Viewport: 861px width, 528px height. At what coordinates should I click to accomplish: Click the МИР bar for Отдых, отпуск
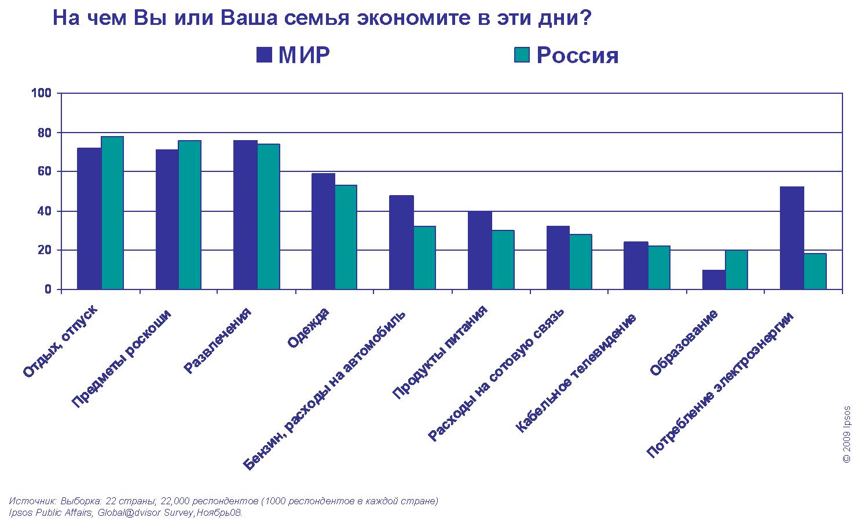click(89, 218)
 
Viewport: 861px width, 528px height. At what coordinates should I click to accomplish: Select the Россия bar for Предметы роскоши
click(190, 215)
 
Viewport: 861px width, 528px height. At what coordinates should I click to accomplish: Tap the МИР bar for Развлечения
click(245, 215)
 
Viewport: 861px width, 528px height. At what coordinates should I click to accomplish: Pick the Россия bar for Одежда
click(346, 237)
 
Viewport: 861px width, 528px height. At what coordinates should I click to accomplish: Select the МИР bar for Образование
click(713, 279)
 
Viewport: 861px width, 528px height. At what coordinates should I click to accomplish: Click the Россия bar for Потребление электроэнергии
click(815, 271)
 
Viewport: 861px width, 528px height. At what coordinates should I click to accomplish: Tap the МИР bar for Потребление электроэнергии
click(792, 238)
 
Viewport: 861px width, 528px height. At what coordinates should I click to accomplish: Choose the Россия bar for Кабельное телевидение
click(659, 267)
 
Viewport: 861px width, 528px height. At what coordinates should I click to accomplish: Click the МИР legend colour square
click(264, 55)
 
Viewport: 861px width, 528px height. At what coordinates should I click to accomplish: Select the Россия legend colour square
click(522, 55)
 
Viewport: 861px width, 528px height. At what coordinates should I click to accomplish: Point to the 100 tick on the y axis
click(45, 93)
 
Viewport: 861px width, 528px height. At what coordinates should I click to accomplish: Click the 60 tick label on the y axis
click(45, 171)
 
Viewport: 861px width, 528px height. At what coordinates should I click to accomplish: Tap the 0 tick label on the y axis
click(49, 289)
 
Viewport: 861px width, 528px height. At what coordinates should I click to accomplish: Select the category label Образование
click(684, 343)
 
